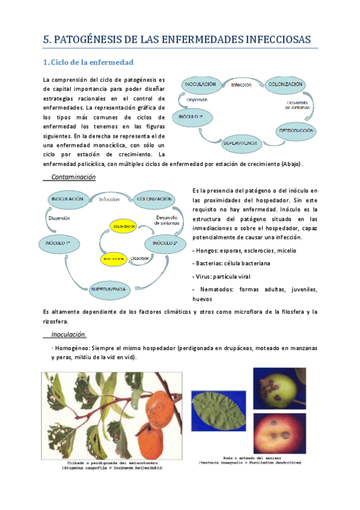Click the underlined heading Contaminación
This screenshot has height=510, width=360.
73,177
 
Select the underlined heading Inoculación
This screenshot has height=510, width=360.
69,334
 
